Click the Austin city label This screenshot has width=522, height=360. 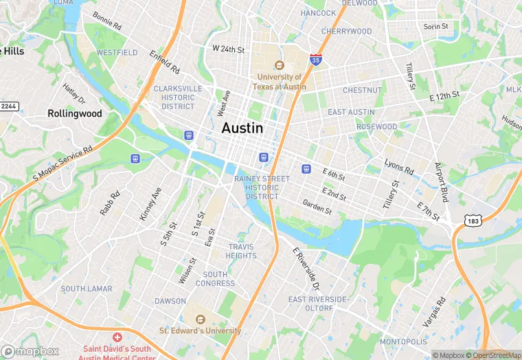[242, 128]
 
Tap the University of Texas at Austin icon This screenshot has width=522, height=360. [279, 65]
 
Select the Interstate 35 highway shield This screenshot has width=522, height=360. [316, 60]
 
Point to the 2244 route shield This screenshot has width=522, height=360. [8, 106]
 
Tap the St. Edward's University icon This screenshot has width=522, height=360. [200, 319]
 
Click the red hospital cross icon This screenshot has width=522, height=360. [117, 337]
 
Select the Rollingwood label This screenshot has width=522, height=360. [75, 113]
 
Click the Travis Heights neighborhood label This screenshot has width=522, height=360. [241, 251]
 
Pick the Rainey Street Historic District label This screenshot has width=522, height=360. [257, 188]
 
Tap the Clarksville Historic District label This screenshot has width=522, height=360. [178, 98]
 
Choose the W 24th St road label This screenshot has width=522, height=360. [228, 49]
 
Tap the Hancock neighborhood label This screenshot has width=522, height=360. [318, 13]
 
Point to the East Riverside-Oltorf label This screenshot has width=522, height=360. [319, 304]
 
